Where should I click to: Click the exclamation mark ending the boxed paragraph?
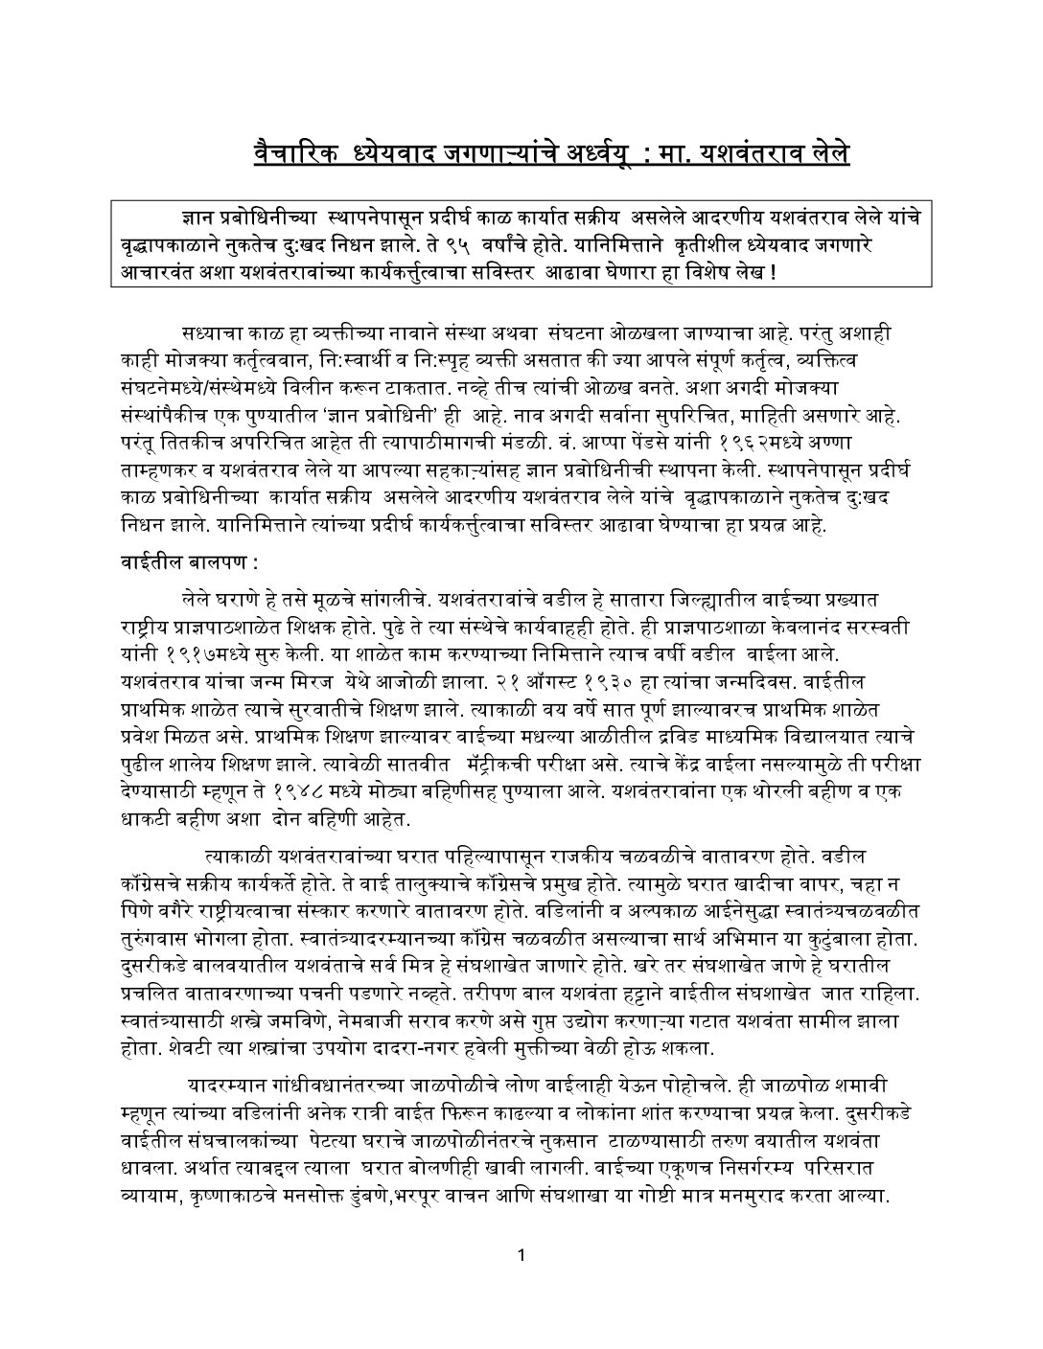(x=773, y=270)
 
